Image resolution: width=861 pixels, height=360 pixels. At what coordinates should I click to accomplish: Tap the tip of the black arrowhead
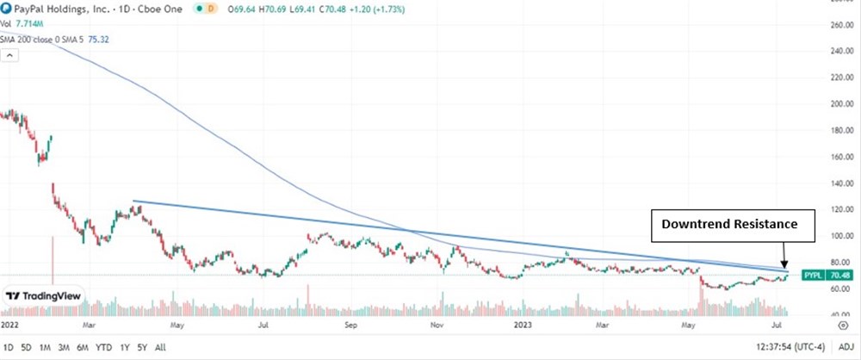point(785,270)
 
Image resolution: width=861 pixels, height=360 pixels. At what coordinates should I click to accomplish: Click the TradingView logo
point(42,295)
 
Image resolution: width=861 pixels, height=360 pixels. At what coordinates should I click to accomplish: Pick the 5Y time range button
point(142,348)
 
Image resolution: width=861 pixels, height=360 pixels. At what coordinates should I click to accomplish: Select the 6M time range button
point(83,348)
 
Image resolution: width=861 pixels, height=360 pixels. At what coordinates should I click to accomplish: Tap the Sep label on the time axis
point(350,327)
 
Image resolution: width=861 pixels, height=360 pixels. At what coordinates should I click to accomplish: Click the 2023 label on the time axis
point(523,327)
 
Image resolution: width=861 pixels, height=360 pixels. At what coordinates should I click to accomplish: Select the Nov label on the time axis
point(437,327)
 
